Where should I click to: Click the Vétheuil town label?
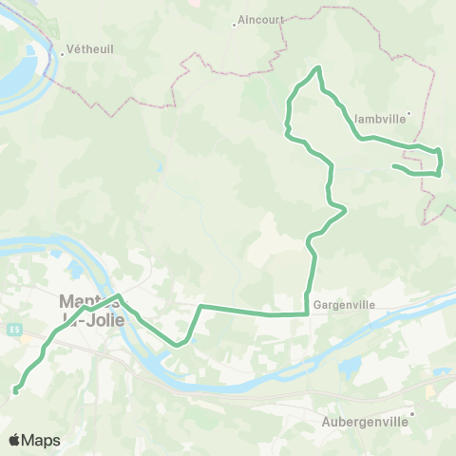click(x=91, y=53)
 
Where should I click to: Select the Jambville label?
click(x=378, y=120)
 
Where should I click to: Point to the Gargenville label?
click(x=344, y=306)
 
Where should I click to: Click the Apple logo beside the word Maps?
click(x=14, y=440)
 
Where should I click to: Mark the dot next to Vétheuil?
click(x=62, y=53)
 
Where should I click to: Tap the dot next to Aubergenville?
click(x=412, y=413)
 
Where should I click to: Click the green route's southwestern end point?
click(x=16, y=390)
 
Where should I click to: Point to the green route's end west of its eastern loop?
click(x=393, y=167)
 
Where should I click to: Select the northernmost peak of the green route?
click(x=318, y=67)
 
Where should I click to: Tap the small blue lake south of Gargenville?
click(x=348, y=367)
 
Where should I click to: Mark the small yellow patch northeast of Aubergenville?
click(x=430, y=390)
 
